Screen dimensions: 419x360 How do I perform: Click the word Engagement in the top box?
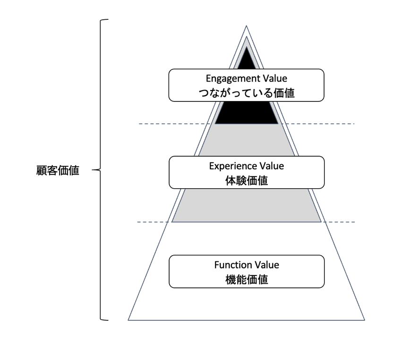(x=230, y=79)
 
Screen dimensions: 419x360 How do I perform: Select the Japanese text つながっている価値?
(x=247, y=93)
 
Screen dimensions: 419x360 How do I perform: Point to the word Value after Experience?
(x=272, y=166)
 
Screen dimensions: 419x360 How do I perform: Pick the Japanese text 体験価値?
(x=247, y=181)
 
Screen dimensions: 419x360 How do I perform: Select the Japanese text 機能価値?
(x=247, y=280)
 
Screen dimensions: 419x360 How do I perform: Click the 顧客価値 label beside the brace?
(x=58, y=170)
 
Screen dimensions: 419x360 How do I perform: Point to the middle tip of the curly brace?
(x=92, y=170)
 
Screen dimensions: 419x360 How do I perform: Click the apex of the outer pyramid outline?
(x=247, y=26)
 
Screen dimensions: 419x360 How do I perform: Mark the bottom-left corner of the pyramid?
(x=128, y=320)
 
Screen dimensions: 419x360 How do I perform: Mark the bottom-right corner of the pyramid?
(x=365, y=320)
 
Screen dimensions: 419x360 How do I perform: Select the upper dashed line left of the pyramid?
(x=174, y=124)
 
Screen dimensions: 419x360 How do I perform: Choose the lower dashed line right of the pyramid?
(x=339, y=222)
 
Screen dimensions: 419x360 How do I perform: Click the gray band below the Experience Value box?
(x=247, y=205)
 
